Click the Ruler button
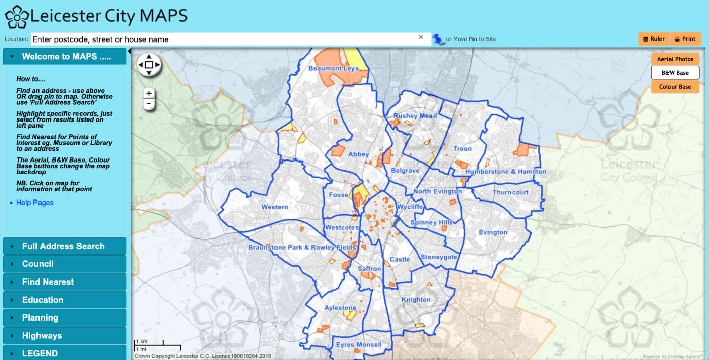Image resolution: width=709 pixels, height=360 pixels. (653, 39)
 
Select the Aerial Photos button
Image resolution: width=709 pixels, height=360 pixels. (675, 59)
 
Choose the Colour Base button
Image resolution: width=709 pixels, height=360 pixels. (675, 87)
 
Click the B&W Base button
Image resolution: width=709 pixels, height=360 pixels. (675, 73)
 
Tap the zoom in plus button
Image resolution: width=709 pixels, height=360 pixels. (149, 93)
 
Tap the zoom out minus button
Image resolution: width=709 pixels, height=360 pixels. (149, 104)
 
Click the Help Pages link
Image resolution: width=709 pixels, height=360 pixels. (34, 203)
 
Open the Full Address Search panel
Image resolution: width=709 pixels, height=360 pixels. (64, 246)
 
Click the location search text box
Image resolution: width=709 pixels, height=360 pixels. (223, 39)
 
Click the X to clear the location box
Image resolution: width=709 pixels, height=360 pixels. (421, 37)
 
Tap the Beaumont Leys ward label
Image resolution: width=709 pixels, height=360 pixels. (333, 68)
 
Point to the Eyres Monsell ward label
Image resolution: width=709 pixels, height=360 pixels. (359, 345)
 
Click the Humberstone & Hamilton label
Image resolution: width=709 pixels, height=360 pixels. (505, 172)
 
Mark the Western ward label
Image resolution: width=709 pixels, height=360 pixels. (274, 207)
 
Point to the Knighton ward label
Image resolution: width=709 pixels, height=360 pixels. (416, 299)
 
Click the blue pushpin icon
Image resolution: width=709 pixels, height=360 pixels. (437, 39)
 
